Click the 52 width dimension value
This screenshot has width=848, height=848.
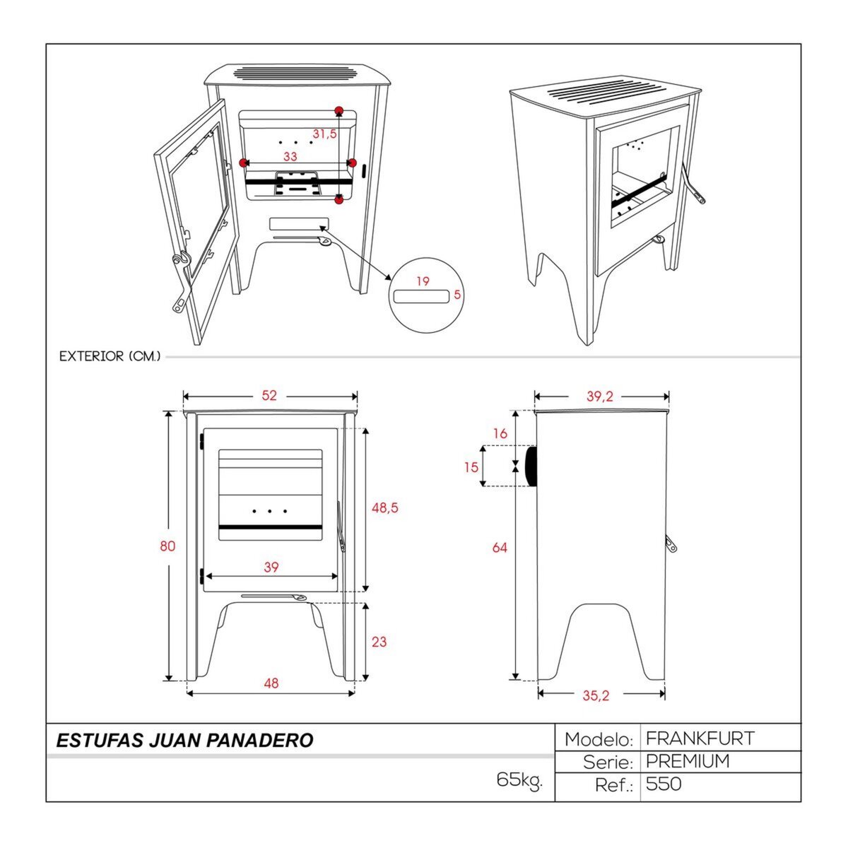[x=269, y=396]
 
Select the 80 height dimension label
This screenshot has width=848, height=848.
[x=167, y=546]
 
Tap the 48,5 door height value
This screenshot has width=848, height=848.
[x=384, y=507]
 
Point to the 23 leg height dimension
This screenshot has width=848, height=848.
[x=379, y=642]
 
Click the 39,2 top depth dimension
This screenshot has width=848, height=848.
[x=599, y=396]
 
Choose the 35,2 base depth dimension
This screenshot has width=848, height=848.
[x=596, y=695]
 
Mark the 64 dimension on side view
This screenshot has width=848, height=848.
[x=500, y=547]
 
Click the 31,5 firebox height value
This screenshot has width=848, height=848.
[x=324, y=134]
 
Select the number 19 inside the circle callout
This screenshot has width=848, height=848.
[x=423, y=281]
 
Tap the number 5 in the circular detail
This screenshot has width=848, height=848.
[x=457, y=295]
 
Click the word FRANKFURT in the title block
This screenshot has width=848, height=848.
[x=700, y=739]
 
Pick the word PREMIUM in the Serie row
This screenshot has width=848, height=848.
[x=688, y=762]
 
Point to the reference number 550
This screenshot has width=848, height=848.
[x=664, y=784]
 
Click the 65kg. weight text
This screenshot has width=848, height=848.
[x=519, y=780]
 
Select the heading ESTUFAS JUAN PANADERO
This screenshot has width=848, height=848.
[x=184, y=741]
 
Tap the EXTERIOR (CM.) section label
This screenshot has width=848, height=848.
[x=110, y=356]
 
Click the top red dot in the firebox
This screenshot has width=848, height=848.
[x=339, y=110]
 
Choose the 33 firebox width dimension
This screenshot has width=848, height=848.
[x=290, y=156]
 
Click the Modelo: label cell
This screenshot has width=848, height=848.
[x=598, y=740]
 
